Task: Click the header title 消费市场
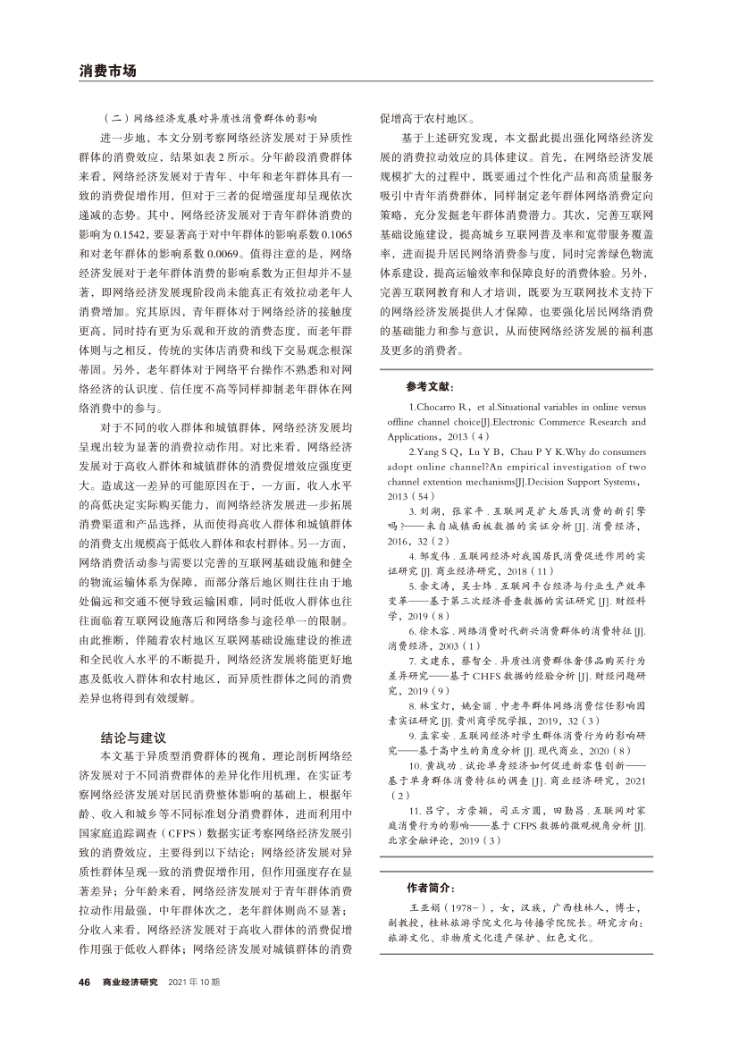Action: (107, 70)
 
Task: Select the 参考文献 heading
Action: (430, 387)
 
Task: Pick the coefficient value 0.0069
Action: (219, 248)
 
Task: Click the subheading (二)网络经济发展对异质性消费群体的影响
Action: (211, 118)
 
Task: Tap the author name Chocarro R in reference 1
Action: (449, 408)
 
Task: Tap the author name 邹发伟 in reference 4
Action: (439, 554)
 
